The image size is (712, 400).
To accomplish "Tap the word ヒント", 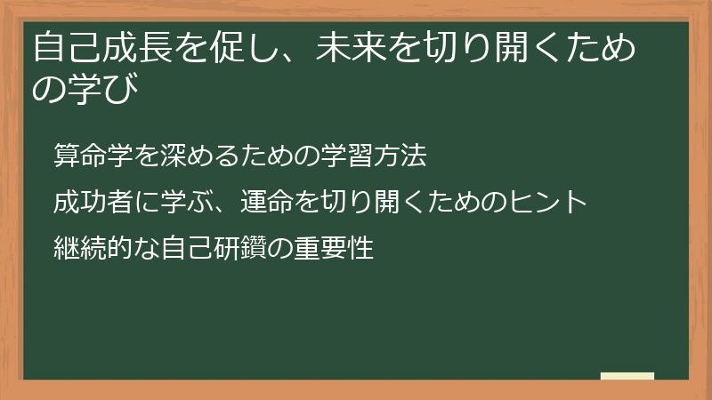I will point(548,202).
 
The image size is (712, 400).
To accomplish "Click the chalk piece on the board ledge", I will point(627,375).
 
